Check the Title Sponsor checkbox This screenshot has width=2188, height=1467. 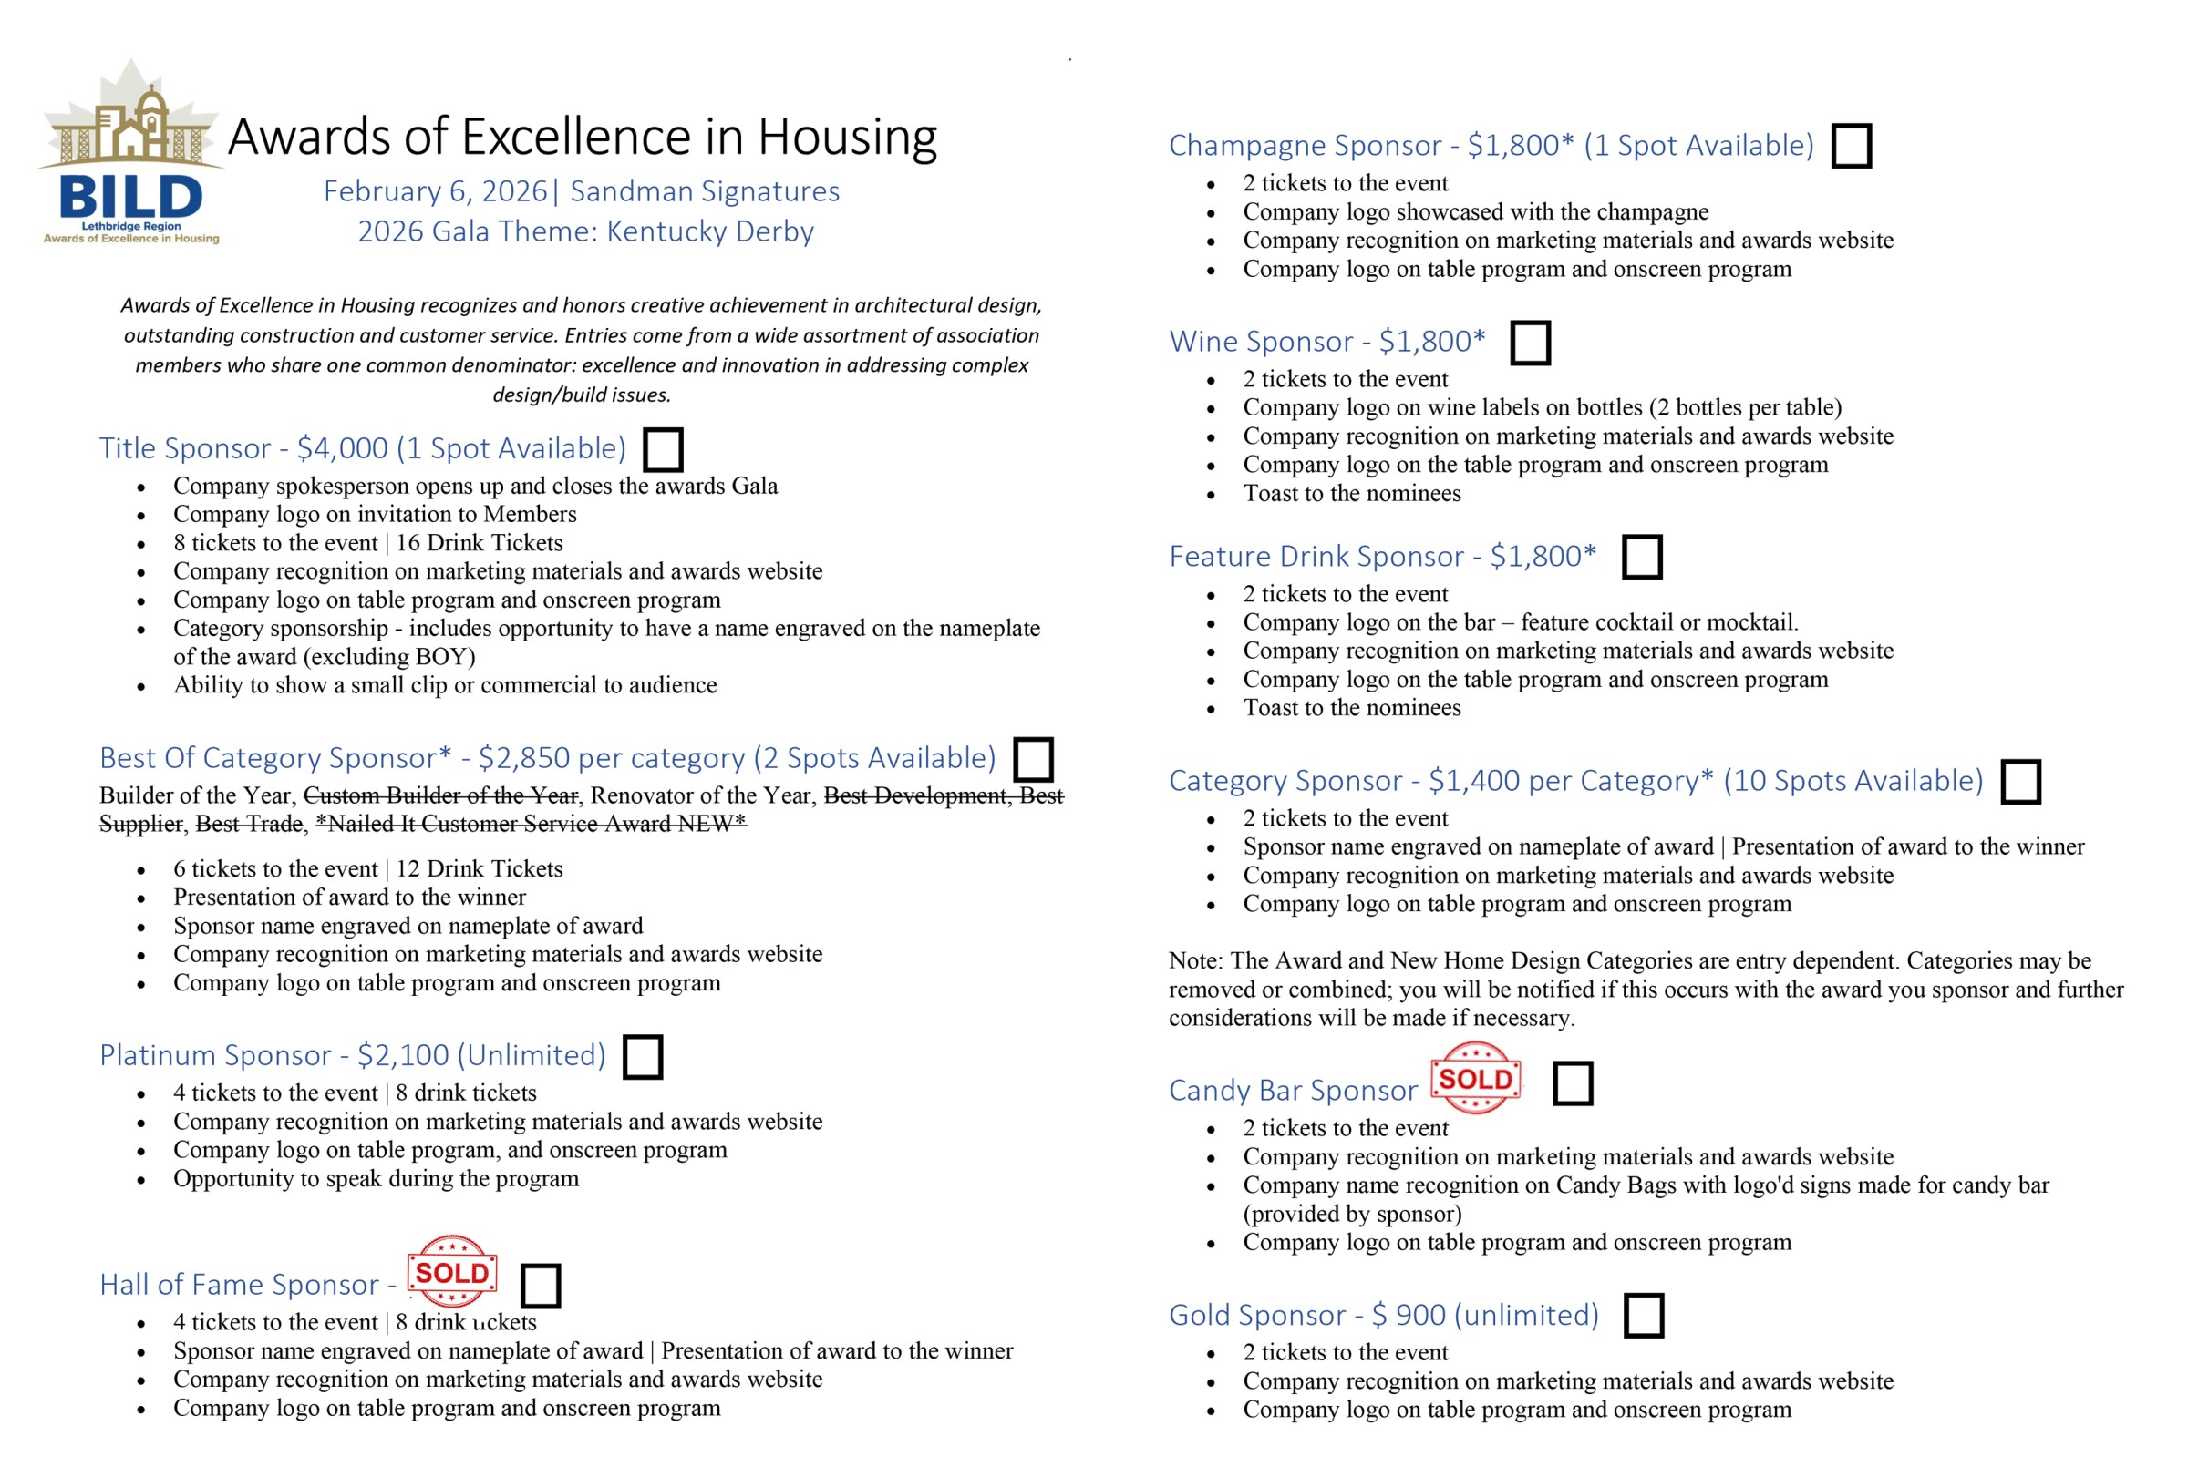pos(663,449)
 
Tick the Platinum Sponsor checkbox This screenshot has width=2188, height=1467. pos(643,1056)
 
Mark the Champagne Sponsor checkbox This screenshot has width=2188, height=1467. pos(1851,146)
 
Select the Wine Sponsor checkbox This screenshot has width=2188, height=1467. pos(1530,343)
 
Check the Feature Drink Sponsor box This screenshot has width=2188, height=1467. pos(1642,557)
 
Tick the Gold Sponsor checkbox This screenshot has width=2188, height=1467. pos(1644,1316)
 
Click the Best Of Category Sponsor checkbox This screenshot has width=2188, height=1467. pos(1033,759)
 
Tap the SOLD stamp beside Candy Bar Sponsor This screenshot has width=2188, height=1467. pos(1475,1078)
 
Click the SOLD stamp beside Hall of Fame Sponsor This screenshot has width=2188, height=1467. pos(452,1271)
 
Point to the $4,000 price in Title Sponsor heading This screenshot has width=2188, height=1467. pos(342,449)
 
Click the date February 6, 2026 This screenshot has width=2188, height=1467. pos(435,190)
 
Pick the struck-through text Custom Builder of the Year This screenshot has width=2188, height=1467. pos(440,795)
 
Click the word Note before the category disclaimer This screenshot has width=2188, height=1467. pos(1194,961)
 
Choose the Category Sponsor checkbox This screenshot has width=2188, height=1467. pos(2020,781)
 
